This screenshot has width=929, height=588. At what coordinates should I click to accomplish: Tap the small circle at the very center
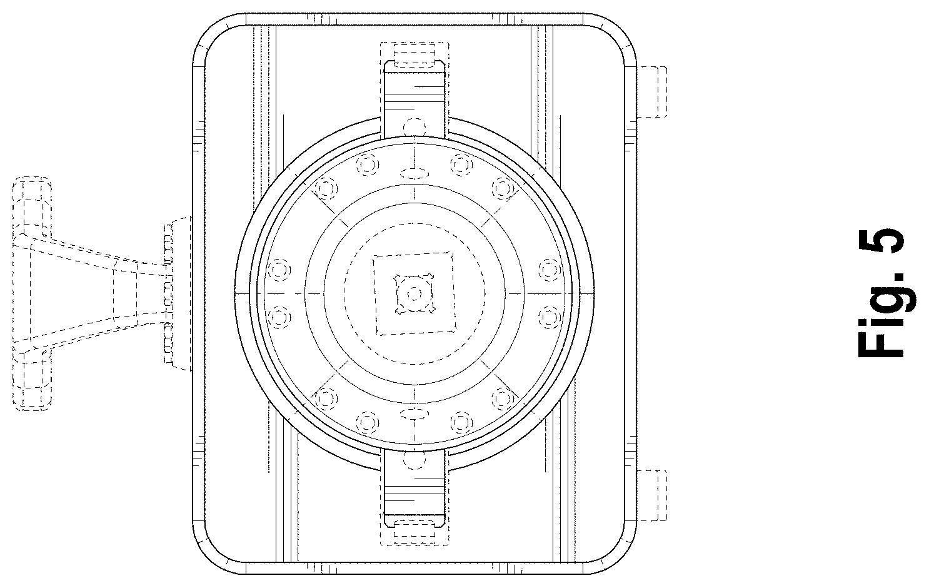[x=414, y=294]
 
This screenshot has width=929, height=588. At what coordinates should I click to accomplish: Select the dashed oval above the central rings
[x=414, y=173]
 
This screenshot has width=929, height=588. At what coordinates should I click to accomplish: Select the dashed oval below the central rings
[x=414, y=413]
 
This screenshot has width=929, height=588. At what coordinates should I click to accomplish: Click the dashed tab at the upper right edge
[x=652, y=92]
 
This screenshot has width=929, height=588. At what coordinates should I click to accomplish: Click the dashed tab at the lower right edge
[x=652, y=495]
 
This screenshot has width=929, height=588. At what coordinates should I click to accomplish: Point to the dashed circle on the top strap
[x=414, y=127]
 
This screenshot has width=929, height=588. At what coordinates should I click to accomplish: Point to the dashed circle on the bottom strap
[x=414, y=459]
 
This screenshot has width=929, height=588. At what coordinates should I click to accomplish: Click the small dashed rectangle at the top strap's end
[x=414, y=58]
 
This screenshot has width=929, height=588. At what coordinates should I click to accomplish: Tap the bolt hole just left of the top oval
[x=368, y=165]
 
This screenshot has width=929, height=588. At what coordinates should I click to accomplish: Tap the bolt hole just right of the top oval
[x=461, y=165]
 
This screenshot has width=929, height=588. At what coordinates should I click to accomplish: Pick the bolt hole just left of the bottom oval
[x=368, y=423]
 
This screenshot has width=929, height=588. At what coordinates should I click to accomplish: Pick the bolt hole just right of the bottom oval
[x=461, y=423]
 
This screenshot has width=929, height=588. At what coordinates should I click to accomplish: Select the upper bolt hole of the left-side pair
[x=279, y=270]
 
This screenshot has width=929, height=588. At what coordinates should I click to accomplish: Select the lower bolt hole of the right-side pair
[x=550, y=317]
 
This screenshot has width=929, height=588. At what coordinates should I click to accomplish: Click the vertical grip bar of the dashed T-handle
[x=33, y=293]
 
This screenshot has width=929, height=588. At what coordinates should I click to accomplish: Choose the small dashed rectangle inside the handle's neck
[x=125, y=293]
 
